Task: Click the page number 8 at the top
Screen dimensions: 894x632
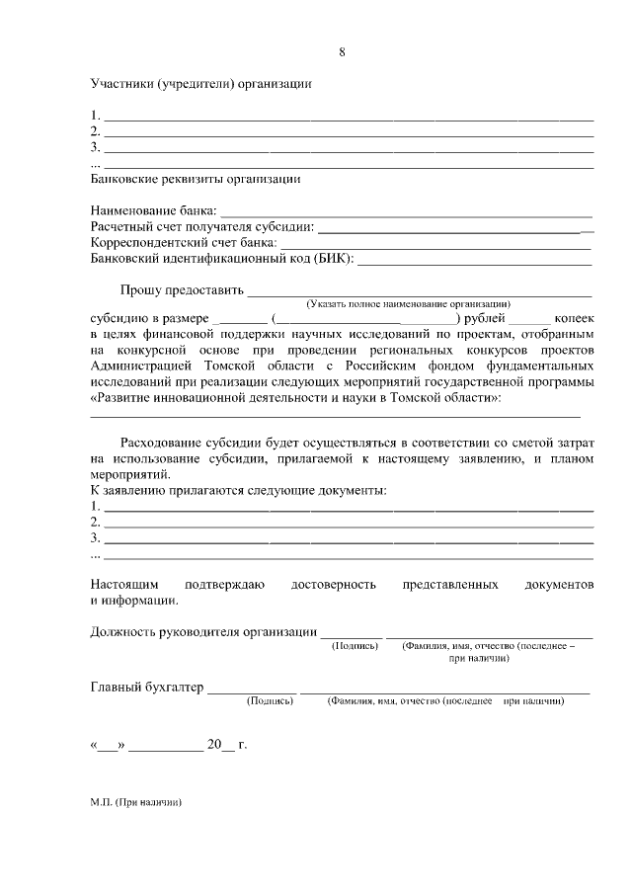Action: click(342, 52)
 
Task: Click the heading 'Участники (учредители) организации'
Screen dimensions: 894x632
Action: click(200, 84)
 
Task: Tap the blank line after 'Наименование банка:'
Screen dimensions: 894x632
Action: click(405, 212)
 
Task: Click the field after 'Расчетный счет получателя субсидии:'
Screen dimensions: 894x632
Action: click(454, 228)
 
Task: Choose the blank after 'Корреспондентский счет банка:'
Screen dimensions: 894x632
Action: click(435, 244)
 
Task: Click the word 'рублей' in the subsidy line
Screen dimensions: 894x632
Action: click(484, 319)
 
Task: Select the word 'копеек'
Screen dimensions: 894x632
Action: click(574, 319)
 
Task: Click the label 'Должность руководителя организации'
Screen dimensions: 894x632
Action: click(203, 632)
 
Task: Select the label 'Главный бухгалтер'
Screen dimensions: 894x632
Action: click(145, 688)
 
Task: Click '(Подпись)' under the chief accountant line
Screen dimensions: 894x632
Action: click(270, 701)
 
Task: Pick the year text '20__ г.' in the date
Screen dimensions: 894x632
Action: click(226, 744)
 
